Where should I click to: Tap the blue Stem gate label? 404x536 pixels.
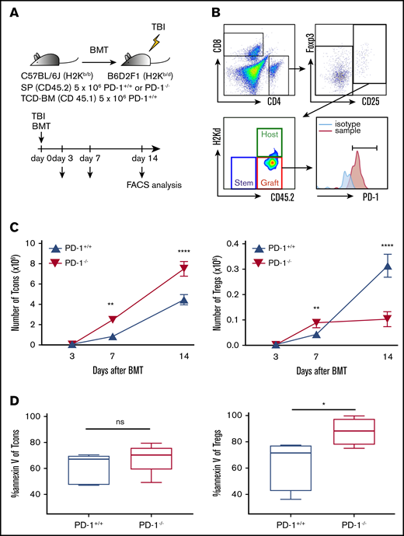tap(246, 183)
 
